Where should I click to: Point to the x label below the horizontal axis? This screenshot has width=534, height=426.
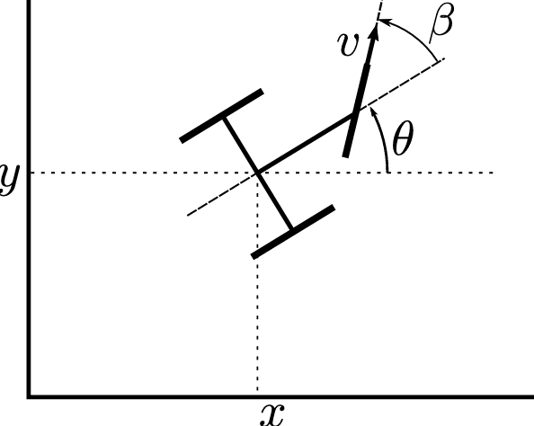pyautogui.click(x=271, y=413)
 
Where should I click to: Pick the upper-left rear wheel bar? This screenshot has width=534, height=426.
pyautogui.click(x=221, y=115)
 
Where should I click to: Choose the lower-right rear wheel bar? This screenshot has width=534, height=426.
pyautogui.click(x=293, y=231)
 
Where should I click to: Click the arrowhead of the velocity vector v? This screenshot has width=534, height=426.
pyautogui.click(x=373, y=30)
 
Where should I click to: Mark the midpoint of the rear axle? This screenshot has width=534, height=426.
pyautogui.click(x=258, y=172)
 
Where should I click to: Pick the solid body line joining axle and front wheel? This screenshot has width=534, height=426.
pyautogui.click(x=306, y=143)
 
